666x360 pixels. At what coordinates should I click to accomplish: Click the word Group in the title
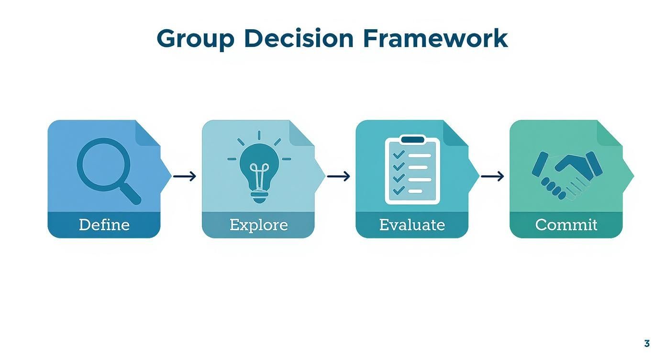coord(195,38)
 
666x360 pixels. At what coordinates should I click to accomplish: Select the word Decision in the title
coord(299,38)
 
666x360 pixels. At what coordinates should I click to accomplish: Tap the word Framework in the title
coord(435,38)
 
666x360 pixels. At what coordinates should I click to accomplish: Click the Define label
coord(104,225)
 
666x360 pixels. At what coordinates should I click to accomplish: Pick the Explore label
coord(258,225)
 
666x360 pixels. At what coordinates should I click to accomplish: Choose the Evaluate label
coord(412,225)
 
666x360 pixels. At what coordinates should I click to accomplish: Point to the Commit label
coord(566,225)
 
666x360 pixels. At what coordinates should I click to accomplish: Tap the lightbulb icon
coord(259,170)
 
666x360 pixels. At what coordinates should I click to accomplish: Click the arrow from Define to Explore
coord(185,176)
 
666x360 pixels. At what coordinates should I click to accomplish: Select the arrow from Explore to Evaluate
coord(339,176)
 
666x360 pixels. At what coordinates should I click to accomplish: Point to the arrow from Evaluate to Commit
coord(492,176)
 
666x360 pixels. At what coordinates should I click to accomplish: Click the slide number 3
coord(647,343)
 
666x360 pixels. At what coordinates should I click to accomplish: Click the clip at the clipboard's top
coord(412,140)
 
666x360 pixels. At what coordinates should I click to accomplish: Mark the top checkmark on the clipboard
coord(398,155)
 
